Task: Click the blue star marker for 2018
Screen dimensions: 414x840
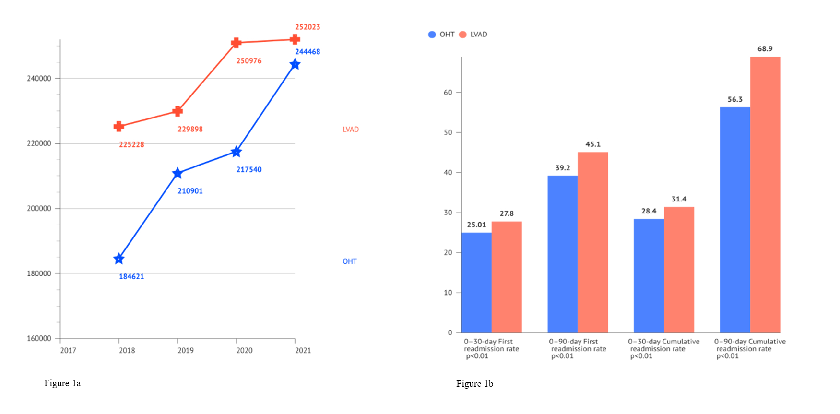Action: (119, 259)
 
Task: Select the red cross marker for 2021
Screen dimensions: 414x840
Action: (295, 39)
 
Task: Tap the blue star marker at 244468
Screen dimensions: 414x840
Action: (295, 64)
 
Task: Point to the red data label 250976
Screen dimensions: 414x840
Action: (249, 61)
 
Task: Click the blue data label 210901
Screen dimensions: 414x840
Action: (190, 191)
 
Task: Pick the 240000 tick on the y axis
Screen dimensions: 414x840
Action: (39, 79)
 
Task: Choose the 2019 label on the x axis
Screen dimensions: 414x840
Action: (186, 351)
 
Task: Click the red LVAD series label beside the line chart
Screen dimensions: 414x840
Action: (351, 130)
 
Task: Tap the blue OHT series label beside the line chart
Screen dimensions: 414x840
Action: (350, 261)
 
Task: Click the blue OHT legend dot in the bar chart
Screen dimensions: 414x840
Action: (432, 35)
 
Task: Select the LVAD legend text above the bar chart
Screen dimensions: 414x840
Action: (478, 35)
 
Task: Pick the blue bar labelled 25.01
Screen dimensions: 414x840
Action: (476, 283)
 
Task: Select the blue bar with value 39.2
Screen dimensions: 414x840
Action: (563, 254)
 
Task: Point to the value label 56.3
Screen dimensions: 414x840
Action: (735, 99)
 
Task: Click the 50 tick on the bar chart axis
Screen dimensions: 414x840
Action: (448, 132)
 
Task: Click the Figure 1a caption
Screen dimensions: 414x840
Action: (62, 383)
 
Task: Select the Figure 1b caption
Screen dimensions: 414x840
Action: (474, 384)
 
